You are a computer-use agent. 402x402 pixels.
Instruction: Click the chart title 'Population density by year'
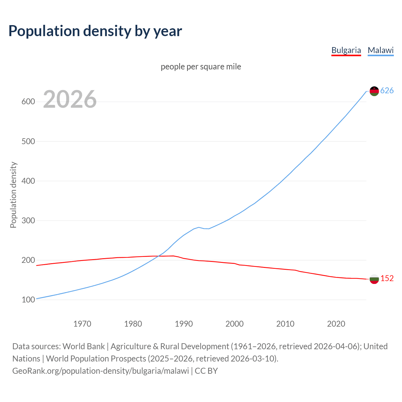95,31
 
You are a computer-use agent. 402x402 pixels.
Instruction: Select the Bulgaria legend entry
346,50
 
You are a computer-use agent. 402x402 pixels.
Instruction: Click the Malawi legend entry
381,50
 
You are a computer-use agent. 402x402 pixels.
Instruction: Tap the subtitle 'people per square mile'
201,67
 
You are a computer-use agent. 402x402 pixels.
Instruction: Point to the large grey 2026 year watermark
70,99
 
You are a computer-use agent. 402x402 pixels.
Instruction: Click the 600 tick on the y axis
28,102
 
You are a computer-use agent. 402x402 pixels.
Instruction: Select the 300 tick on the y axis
28,220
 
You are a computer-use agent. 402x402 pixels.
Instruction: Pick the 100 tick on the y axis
28,300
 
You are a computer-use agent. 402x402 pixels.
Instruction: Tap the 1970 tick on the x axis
82,323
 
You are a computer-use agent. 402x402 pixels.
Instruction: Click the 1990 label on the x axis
184,323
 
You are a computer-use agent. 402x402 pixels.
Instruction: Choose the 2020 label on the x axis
336,323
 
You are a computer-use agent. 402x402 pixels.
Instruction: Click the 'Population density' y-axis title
13,195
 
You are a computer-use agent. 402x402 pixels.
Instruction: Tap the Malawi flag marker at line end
374,91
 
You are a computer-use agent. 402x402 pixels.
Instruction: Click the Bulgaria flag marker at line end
374,279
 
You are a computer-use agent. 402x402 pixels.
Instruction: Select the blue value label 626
387,91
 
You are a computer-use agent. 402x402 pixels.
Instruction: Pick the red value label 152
387,279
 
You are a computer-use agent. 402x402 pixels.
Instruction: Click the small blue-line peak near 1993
198,227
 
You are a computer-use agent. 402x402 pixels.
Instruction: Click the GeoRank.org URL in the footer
100,371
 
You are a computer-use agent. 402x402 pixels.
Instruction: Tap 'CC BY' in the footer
206,371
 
